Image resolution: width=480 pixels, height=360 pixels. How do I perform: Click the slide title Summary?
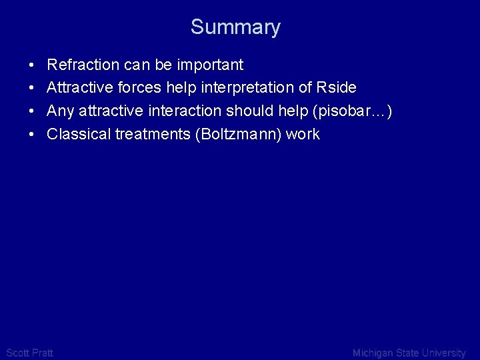(235, 27)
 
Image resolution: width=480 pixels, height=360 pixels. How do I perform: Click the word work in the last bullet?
(303, 134)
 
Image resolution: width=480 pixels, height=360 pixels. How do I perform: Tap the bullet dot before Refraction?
(32, 65)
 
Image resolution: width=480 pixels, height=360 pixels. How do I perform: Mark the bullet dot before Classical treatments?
(32, 135)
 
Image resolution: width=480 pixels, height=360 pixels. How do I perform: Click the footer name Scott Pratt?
(29, 353)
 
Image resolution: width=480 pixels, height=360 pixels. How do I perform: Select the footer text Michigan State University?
(409, 353)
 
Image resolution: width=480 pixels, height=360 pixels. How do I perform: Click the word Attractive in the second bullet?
(75, 88)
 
